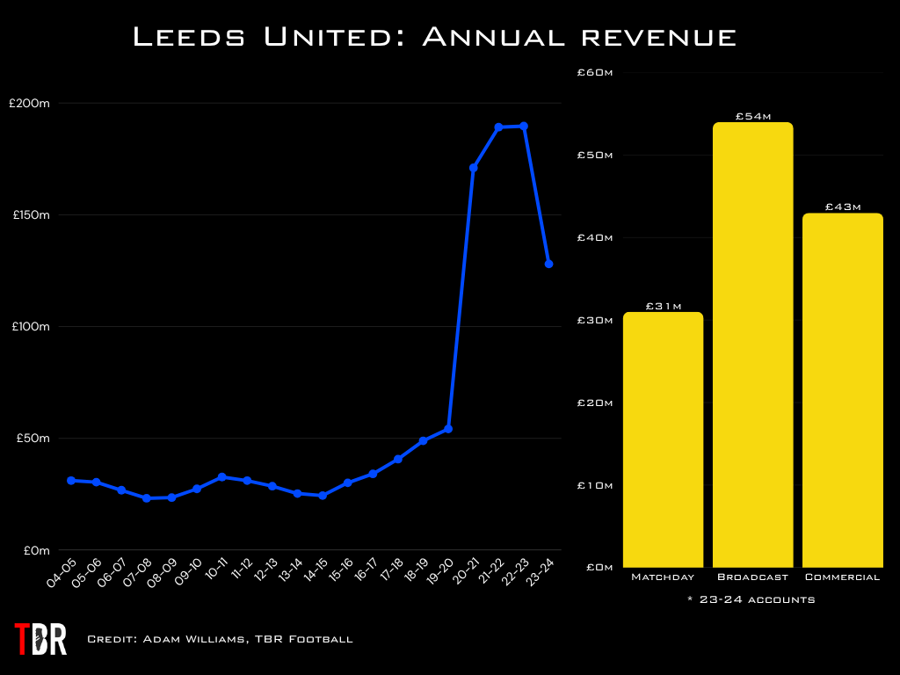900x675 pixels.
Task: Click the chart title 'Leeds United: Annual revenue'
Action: pyautogui.click(x=433, y=37)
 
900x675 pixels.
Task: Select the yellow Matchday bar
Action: pyautogui.click(x=664, y=439)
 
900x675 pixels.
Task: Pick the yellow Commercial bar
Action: pyautogui.click(x=842, y=390)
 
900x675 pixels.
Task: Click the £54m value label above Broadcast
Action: pyautogui.click(x=752, y=116)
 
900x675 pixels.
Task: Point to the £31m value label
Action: pyautogui.click(x=664, y=306)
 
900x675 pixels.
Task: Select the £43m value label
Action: pyautogui.click(x=842, y=207)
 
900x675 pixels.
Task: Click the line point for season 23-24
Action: pyautogui.click(x=548, y=264)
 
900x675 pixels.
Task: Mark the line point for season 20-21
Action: pyautogui.click(x=474, y=167)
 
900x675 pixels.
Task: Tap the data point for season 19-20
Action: pyautogui.click(x=448, y=429)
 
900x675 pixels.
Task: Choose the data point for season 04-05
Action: pyautogui.click(x=71, y=480)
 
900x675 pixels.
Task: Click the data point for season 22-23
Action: pyautogui.click(x=524, y=126)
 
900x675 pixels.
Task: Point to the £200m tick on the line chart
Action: pyautogui.click(x=29, y=103)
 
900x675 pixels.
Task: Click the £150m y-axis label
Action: pyautogui.click(x=29, y=214)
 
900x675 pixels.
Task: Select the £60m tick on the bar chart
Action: pyautogui.click(x=595, y=72)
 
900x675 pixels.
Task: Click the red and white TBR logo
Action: pyautogui.click(x=40, y=639)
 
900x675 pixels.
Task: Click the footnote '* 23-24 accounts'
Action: pyautogui.click(x=752, y=599)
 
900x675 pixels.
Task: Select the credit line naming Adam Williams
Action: pyautogui.click(x=220, y=639)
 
